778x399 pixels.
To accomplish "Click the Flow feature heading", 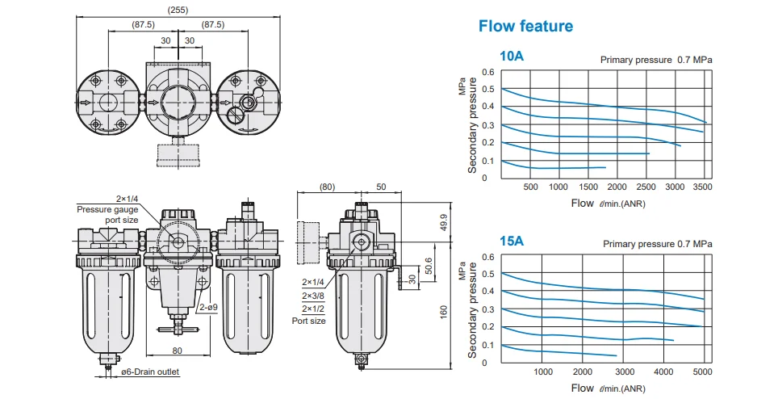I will pyautogui.click(x=525, y=26).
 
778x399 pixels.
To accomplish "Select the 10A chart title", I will pyautogui.click(x=512, y=57).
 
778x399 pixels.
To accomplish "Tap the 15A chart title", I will pyautogui.click(x=512, y=241).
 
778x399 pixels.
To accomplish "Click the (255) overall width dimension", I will pyautogui.click(x=178, y=10).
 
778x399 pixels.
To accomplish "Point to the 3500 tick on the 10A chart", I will pyautogui.click(x=702, y=187).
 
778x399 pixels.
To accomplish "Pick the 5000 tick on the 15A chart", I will pyautogui.click(x=703, y=372).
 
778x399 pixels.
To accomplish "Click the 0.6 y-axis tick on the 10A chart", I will pyautogui.click(x=488, y=72).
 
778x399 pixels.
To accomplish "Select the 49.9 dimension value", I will pyautogui.click(x=442, y=222).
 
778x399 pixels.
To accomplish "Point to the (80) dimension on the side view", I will pyautogui.click(x=328, y=187).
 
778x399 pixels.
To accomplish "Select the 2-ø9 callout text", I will pyautogui.click(x=207, y=307).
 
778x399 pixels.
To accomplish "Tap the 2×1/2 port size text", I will pyautogui.click(x=312, y=309).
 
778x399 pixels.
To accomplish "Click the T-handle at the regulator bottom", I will pyautogui.click(x=178, y=329).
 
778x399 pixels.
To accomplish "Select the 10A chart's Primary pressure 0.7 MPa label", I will pyautogui.click(x=656, y=59).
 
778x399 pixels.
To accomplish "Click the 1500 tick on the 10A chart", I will pyautogui.click(x=588, y=187).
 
